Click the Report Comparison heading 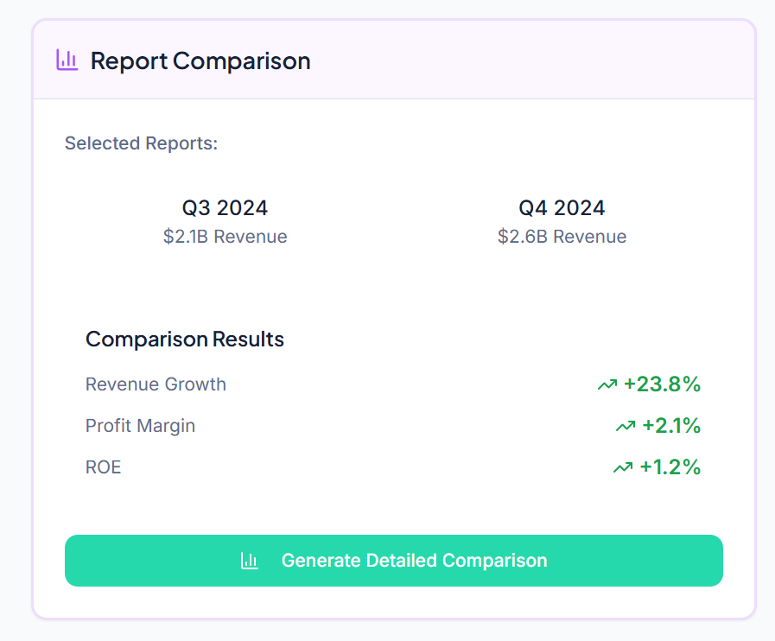point(200,61)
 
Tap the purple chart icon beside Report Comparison point(67,60)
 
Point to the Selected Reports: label point(141,143)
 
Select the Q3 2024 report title point(225,208)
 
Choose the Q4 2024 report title point(562,208)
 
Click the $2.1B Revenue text point(225,237)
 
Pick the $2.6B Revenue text point(562,237)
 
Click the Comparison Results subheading point(185,340)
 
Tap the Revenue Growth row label point(156,384)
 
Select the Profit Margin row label point(140,426)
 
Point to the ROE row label point(103,467)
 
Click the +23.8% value point(662,384)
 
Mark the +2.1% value point(671,426)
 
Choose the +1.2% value point(670,467)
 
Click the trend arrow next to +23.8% point(607,384)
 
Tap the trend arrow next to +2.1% point(626,426)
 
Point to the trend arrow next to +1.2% point(623,467)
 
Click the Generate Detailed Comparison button point(394,561)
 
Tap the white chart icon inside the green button point(250,561)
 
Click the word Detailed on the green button point(402,561)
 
